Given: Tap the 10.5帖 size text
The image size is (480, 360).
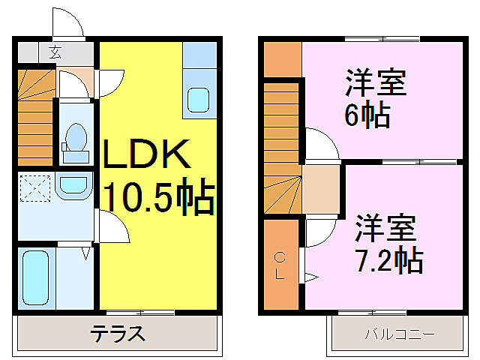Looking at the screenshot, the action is pos(159,198).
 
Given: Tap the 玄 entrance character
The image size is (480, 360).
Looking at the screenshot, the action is pos(55,52).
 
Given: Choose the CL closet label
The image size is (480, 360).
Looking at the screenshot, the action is pos(279,265).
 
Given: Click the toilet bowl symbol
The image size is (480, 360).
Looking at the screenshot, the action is pos(75,139).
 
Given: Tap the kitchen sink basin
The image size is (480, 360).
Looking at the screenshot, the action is pos(198,99).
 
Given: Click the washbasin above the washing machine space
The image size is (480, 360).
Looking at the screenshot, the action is pos(73,184).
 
